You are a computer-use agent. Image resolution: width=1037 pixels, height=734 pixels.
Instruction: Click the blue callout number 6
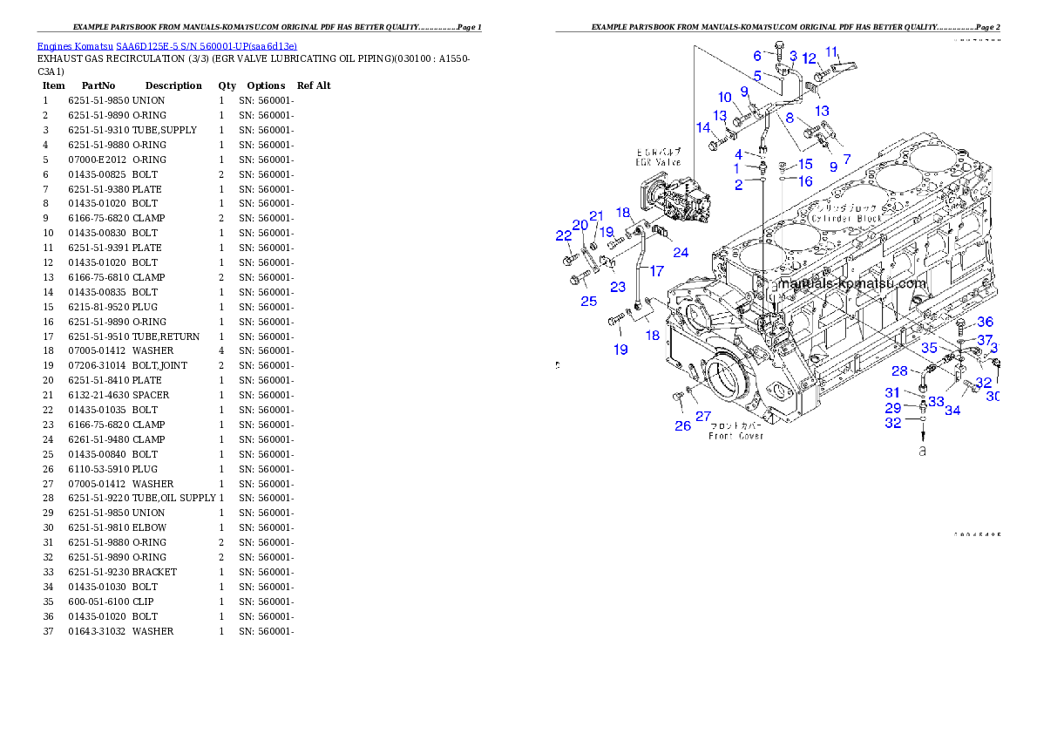tap(757, 57)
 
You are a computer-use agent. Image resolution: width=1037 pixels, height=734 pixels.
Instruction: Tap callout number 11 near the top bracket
tap(831, 51)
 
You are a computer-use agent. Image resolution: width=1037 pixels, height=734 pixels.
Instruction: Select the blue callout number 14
tap(702, 127)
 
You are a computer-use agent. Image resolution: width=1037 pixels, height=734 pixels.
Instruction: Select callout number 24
tap(680, 253)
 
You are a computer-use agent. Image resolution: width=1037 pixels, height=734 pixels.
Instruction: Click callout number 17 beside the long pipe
tap(656, 271)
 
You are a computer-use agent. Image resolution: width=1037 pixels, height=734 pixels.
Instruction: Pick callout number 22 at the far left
tap(564, 234)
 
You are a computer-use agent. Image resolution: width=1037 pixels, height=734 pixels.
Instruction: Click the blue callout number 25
tap(589, 301)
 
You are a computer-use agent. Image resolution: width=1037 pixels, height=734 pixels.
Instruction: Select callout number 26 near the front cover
tap(682, 425)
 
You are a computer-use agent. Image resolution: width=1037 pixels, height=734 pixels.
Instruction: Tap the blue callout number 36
tap(984, 322)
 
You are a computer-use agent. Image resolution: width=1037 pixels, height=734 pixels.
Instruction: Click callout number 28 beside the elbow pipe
tap(898, 371)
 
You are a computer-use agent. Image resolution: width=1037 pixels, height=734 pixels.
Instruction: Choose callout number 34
tap(952, 410)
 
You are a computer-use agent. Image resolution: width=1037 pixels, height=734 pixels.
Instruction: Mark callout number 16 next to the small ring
tap(803, 181)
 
